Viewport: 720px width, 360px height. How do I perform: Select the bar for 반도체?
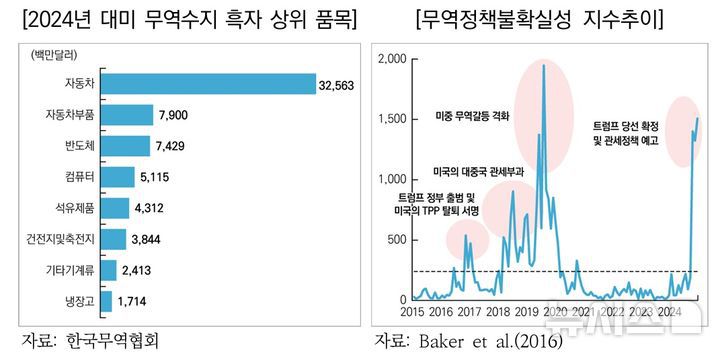[x=126, y=147]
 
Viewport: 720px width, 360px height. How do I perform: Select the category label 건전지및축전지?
[x=61, y=239]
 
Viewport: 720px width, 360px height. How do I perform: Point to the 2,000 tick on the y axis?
[x=391, y=59]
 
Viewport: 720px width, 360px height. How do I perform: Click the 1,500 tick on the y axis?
[x=391, y=120]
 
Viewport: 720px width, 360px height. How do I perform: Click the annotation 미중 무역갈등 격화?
[x=472, y=116]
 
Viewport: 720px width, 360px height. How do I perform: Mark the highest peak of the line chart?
[x=544, y=65]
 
